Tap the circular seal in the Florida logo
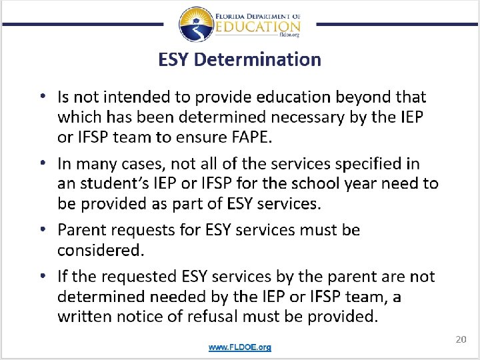coord(196,25)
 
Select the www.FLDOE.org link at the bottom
coord(239,347)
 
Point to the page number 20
coord(460,340)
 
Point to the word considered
coord(101,251)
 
